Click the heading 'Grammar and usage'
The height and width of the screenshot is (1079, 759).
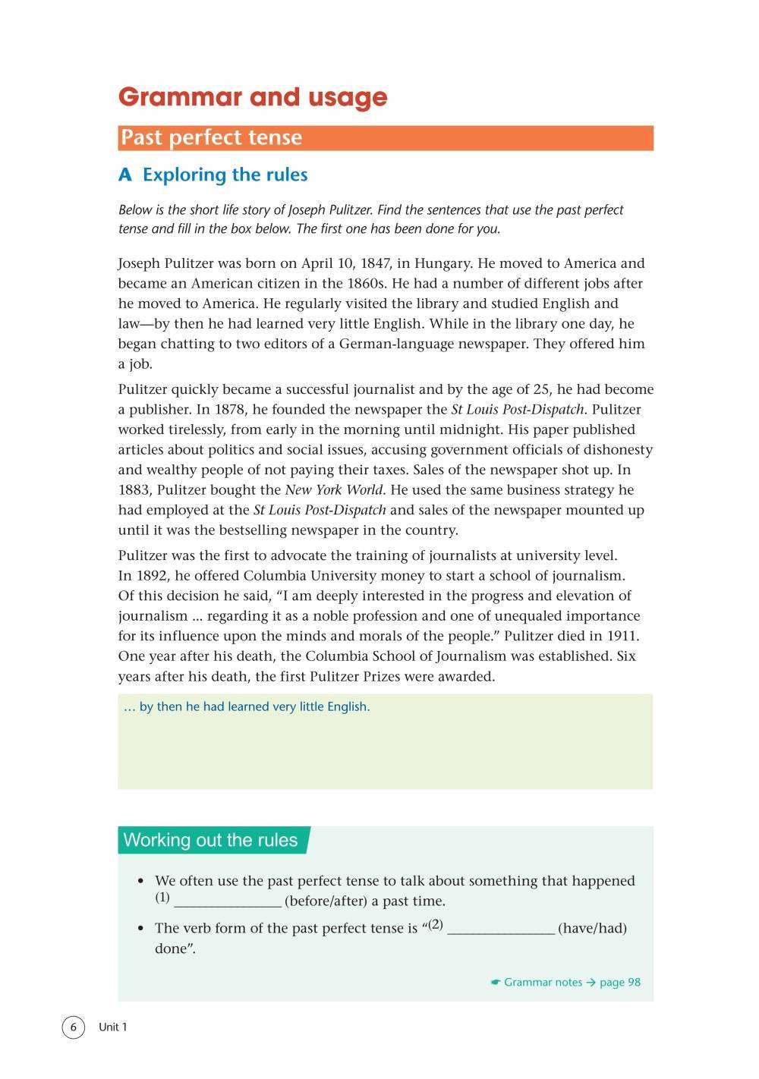coord(253,97)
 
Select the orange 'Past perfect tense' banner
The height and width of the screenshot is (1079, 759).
coord(386,137)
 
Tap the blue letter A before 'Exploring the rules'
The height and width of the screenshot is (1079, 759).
coord(125,175)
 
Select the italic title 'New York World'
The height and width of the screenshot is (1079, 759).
coord(334,490)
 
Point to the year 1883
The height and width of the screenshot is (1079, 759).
coord(135,490)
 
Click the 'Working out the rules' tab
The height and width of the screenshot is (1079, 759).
coord(211,840)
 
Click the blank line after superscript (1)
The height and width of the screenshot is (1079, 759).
coord(228,902)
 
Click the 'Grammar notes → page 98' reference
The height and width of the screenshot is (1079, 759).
coord(565,983)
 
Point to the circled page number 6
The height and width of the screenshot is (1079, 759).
coord(73,1027)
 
